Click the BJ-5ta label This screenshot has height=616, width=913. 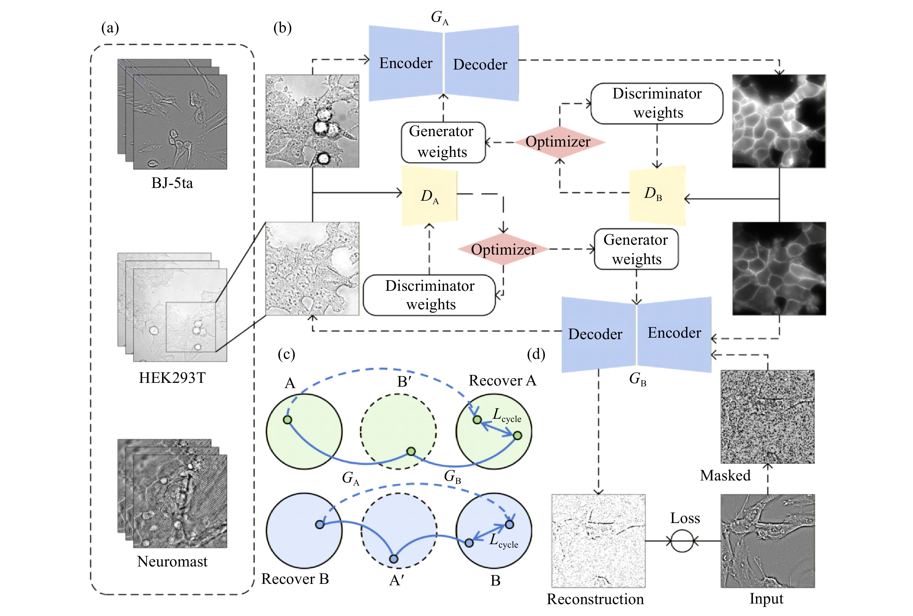coord(172,183)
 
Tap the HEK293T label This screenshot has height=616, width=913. coord(172,378)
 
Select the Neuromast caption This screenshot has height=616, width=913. coord(172,562)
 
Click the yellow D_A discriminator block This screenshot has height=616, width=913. coord(429,195)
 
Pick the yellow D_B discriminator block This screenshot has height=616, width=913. coord(657,195)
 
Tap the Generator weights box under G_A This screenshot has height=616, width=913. coord(443,142)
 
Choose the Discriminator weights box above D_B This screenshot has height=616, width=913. coord(657,103)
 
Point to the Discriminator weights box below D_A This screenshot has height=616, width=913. coord(429,295)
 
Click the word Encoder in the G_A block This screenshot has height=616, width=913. coord(405,63)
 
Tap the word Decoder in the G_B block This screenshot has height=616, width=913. coord(595,334)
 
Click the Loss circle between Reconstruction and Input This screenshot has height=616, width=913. coord(682,541)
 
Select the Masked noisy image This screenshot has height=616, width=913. coord(767,416)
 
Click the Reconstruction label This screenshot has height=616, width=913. coord(595,599)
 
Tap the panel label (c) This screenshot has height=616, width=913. coord(286,354)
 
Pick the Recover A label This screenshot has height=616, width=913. coord(503,381)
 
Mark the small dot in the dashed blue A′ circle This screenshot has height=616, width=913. coord(394,559)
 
